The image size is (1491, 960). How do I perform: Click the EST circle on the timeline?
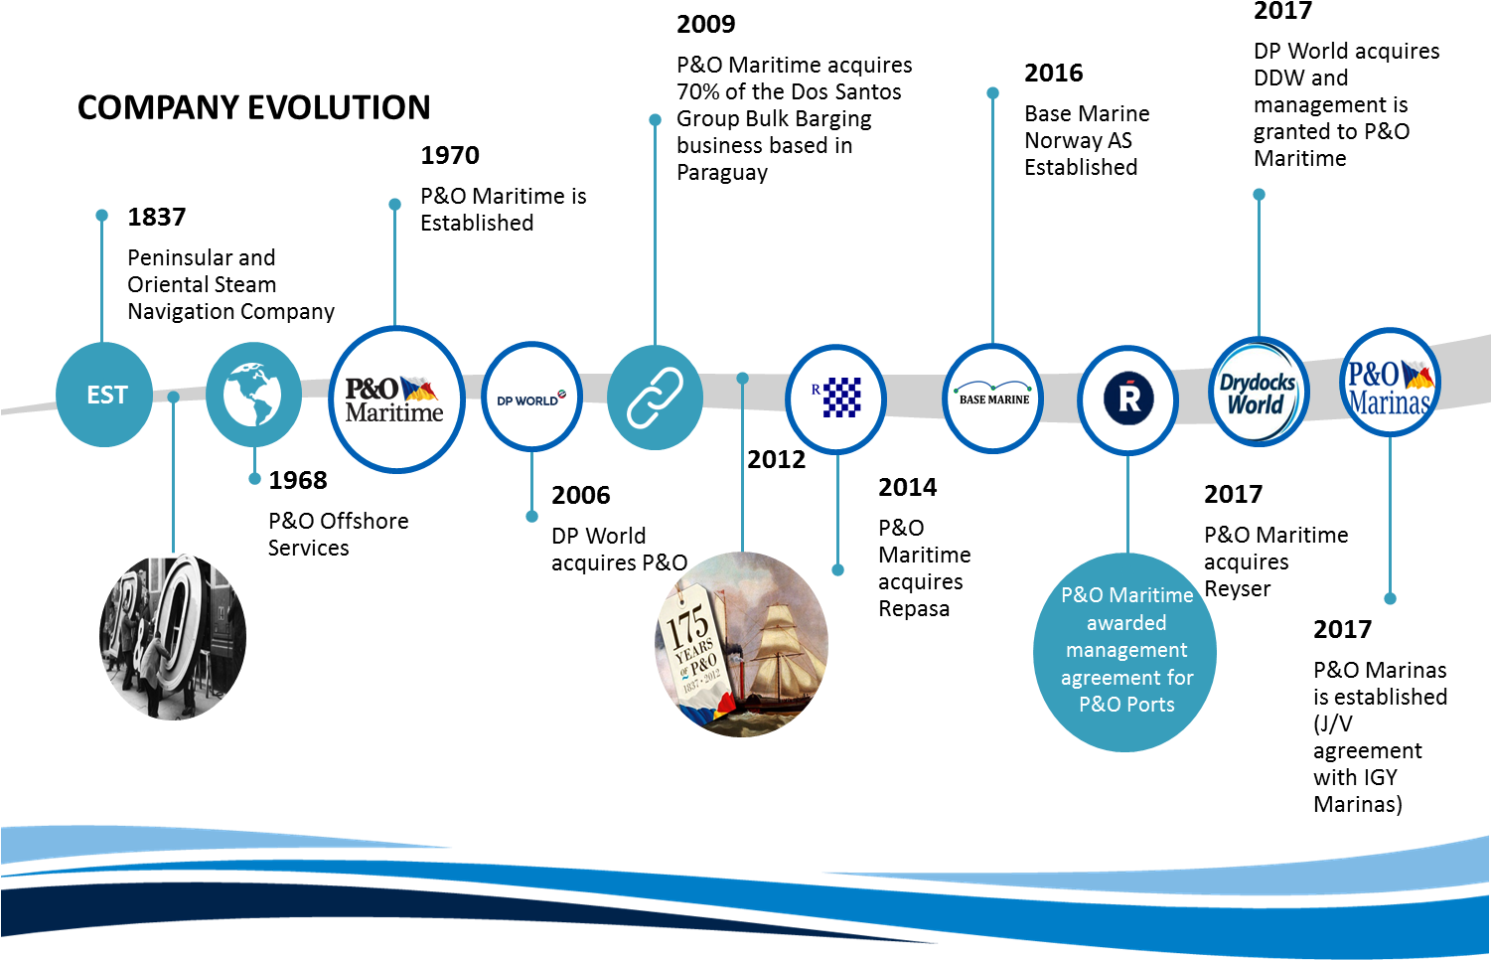(104, 395)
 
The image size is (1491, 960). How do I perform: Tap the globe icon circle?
(253, 395)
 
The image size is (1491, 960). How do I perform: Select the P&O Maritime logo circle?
(395, 399)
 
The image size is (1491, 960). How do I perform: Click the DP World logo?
(531, 400)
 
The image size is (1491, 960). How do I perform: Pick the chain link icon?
(655, 398)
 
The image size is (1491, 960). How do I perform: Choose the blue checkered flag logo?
(836, 398)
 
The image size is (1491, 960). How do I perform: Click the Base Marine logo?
(992, 399)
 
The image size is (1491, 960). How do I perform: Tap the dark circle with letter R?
(1128, 399)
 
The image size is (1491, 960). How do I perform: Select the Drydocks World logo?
(1259, 393)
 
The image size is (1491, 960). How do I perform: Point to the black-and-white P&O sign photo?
(174, 636)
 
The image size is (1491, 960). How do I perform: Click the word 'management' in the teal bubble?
(1126, 650)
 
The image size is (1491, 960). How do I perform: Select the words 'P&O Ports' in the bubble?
(1126, 705)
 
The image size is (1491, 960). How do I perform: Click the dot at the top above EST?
(101, 216)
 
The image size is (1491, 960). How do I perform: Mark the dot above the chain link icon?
(655, 120)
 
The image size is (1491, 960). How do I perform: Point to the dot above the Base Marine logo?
(992, 93)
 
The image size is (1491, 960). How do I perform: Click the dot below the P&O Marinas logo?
(1390, 598)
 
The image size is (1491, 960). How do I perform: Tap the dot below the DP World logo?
(531, 516)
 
